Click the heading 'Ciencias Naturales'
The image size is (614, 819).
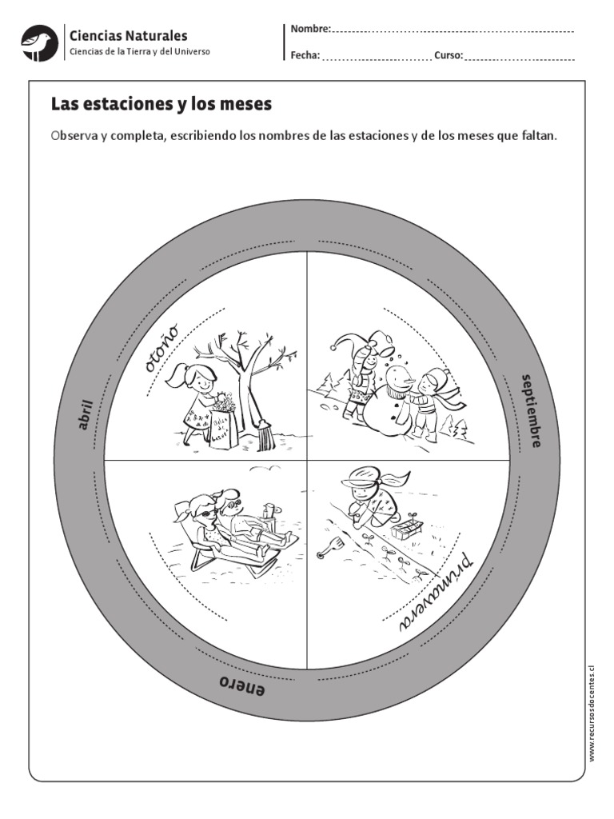[129, 35]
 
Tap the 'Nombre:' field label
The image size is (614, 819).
[310, 30]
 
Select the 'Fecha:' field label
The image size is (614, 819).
[305, 56]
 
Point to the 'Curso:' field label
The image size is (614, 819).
[449, 56]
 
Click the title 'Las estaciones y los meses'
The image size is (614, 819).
[161, 105]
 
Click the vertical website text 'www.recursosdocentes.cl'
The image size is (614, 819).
[592, 713]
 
